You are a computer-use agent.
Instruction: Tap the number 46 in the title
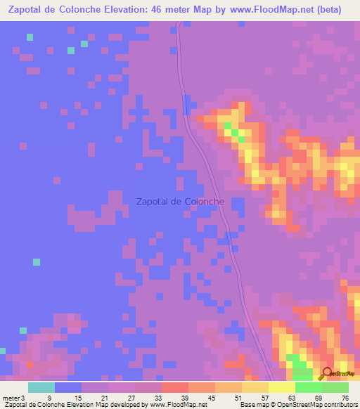[x=162, y=10]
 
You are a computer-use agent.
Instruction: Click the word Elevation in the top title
[x=129, y=10]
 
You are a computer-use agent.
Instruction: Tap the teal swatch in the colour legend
[x=41, y=387]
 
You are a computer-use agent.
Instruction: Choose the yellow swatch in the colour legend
[x=281, y=387]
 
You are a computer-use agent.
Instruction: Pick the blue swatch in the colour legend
[x=67, y=387]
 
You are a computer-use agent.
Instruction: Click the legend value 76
[x=345, y=397]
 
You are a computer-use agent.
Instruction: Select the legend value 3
[x=22, y=397]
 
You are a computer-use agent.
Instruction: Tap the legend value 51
[x=238, y=397]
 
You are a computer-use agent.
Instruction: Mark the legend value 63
[x=292, y=397]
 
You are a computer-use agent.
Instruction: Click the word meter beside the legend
[x=11, y=397]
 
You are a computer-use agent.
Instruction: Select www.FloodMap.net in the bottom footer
[x=175, y=405]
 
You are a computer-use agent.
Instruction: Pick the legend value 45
[x=211, y=397]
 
